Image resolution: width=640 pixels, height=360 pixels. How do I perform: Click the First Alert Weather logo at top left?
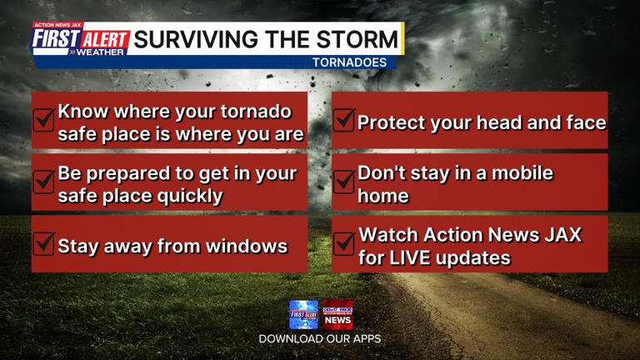(81, 40)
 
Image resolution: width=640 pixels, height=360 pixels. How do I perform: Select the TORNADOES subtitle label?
(350, 62)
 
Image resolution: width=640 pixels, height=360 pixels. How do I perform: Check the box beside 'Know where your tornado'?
(44, 121)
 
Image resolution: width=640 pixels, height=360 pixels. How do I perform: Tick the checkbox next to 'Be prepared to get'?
(44, 182)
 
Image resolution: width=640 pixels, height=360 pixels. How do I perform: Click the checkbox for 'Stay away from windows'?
(44, 244)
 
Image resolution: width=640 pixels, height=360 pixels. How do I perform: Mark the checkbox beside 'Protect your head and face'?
(343, 121)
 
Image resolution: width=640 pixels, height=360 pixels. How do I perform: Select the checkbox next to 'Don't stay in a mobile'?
(343, 182)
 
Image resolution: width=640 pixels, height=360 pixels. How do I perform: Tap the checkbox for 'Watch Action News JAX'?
(343, 244)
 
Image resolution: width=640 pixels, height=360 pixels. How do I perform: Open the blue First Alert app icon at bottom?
(304, 315)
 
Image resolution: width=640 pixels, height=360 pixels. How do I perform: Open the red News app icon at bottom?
(337, 315)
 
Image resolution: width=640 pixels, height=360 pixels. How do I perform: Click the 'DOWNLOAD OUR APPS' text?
(320, 339)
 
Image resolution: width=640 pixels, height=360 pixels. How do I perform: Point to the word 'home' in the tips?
(383, 197)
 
